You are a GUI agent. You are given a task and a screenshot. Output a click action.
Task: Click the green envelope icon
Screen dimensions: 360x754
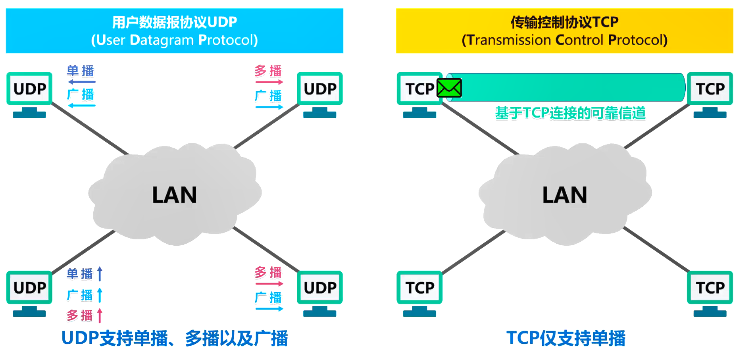449,88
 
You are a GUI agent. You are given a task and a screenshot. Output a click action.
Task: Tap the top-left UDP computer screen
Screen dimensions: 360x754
29,89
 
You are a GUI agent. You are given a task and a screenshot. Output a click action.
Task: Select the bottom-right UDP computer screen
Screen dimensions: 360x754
320,287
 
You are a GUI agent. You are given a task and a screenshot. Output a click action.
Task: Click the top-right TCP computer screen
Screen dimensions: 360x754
710,89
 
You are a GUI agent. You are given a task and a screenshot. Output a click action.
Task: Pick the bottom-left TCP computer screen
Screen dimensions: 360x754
419,287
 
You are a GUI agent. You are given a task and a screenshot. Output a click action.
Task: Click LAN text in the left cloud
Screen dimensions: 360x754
175,195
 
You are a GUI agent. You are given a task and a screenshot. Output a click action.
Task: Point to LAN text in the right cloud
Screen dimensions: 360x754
565,195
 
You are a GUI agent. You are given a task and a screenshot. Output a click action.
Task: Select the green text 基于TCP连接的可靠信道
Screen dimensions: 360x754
570,113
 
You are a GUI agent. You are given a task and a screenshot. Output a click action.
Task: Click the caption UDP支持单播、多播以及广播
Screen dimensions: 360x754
175,338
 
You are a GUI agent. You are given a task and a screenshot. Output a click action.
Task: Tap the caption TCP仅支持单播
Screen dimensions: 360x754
565,338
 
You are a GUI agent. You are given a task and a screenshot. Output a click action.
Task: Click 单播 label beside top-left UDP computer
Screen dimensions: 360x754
81,71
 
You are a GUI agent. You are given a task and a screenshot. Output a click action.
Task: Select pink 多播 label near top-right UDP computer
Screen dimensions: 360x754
268,71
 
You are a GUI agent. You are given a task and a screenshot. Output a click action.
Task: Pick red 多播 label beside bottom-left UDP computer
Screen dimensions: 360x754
80,316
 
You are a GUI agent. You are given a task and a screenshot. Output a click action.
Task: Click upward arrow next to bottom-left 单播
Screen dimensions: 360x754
100,273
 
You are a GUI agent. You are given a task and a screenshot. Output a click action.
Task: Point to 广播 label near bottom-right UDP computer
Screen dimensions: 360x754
268,297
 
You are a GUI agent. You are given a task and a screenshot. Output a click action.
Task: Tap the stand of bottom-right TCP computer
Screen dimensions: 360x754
710,311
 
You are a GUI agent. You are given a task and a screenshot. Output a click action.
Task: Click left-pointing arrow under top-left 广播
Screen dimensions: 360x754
82,106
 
